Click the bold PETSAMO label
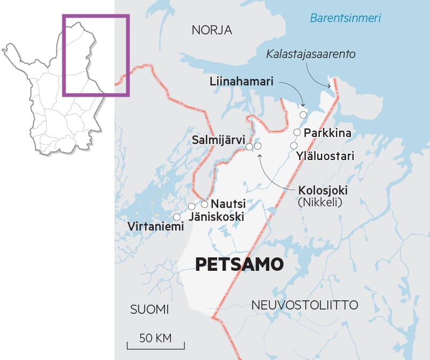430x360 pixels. point(239,264)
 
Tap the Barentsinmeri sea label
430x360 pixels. point(345,18)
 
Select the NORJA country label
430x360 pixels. point(212,31)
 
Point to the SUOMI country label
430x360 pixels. point(149,309)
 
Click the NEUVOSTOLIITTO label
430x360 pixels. point(305,305)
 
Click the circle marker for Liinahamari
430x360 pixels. point(304,114)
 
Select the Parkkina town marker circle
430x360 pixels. point(297,132)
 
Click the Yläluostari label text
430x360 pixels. point(325,156)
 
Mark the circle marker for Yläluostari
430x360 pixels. point(293,146)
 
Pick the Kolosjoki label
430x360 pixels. point(322,191)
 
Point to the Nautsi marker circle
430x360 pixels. point(205,204)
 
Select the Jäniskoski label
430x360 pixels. point(217,217)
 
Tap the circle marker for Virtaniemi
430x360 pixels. point(176,217)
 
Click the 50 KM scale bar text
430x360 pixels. point(155,338)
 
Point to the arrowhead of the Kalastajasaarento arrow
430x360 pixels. point(331,85)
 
